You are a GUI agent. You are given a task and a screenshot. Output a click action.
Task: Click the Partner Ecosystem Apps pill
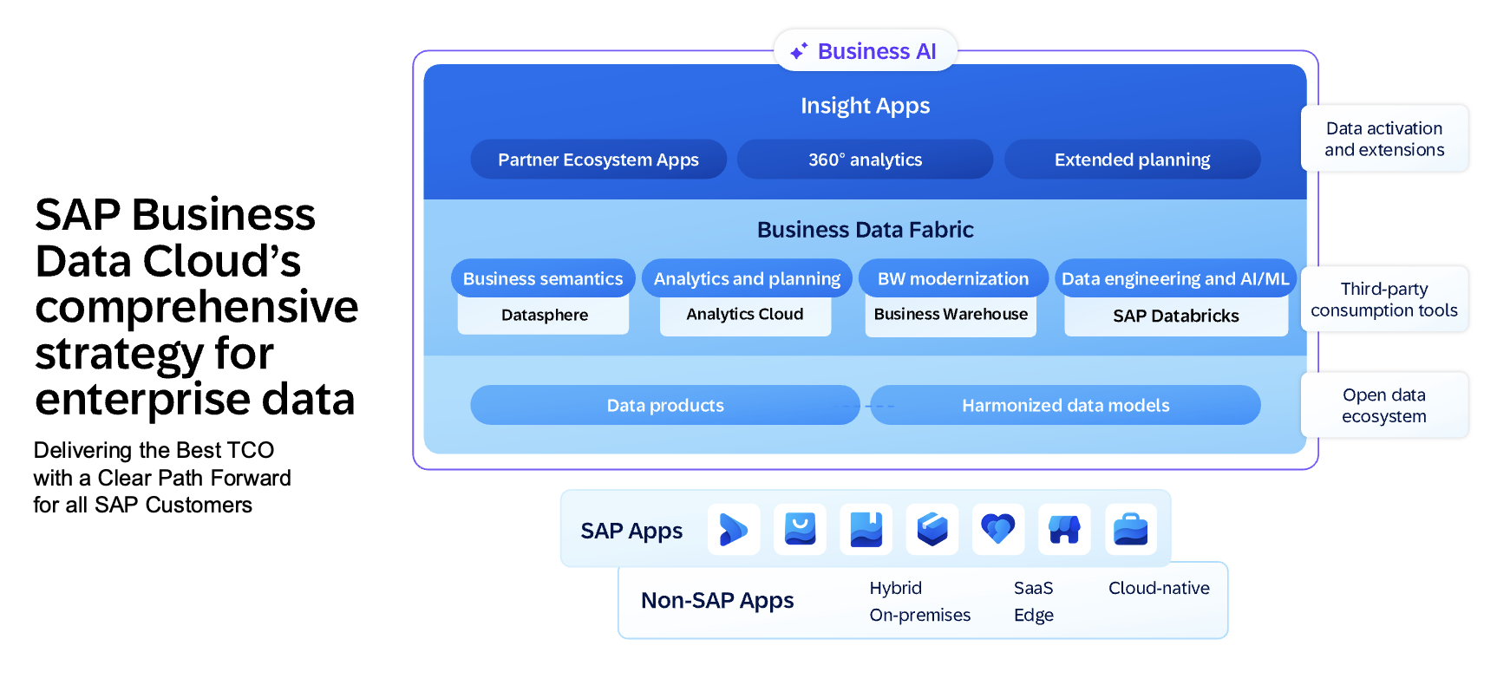click(598, 160)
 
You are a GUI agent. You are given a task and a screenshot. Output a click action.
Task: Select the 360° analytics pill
click(865, 160)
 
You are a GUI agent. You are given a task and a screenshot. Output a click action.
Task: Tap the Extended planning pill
click(1132, 160)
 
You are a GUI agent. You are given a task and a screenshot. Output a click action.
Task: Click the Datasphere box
click(544, 316)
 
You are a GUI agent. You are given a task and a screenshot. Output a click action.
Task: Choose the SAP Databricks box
click(1175, 316)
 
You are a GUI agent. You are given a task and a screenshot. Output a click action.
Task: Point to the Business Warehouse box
click(951, 315)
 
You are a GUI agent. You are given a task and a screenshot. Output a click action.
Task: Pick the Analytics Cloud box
click(745, 315)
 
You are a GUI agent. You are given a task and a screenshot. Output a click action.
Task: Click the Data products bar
click(665, 405)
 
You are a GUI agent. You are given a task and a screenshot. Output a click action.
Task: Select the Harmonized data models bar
click(1065, 405)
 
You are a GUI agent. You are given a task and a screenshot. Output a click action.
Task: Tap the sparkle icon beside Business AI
click(799, 51)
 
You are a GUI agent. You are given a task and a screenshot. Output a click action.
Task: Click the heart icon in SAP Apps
click(997, 529)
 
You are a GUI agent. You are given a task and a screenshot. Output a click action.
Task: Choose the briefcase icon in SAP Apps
click(1130, 529)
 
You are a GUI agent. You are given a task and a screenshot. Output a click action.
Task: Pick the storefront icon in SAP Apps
click(1064, 529)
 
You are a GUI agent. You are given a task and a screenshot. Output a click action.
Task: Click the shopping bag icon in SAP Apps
click(800, 529)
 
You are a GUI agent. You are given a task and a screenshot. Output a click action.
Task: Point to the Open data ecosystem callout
click(1384, 405)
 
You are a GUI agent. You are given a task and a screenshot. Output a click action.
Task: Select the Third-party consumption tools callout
click(1384, 299)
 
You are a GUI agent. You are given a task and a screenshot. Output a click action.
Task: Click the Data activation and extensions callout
click(1384, 139)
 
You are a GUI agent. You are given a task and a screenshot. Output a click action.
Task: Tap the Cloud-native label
click(1159, 588)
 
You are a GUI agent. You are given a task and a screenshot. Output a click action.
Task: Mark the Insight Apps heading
click(865, 106)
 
